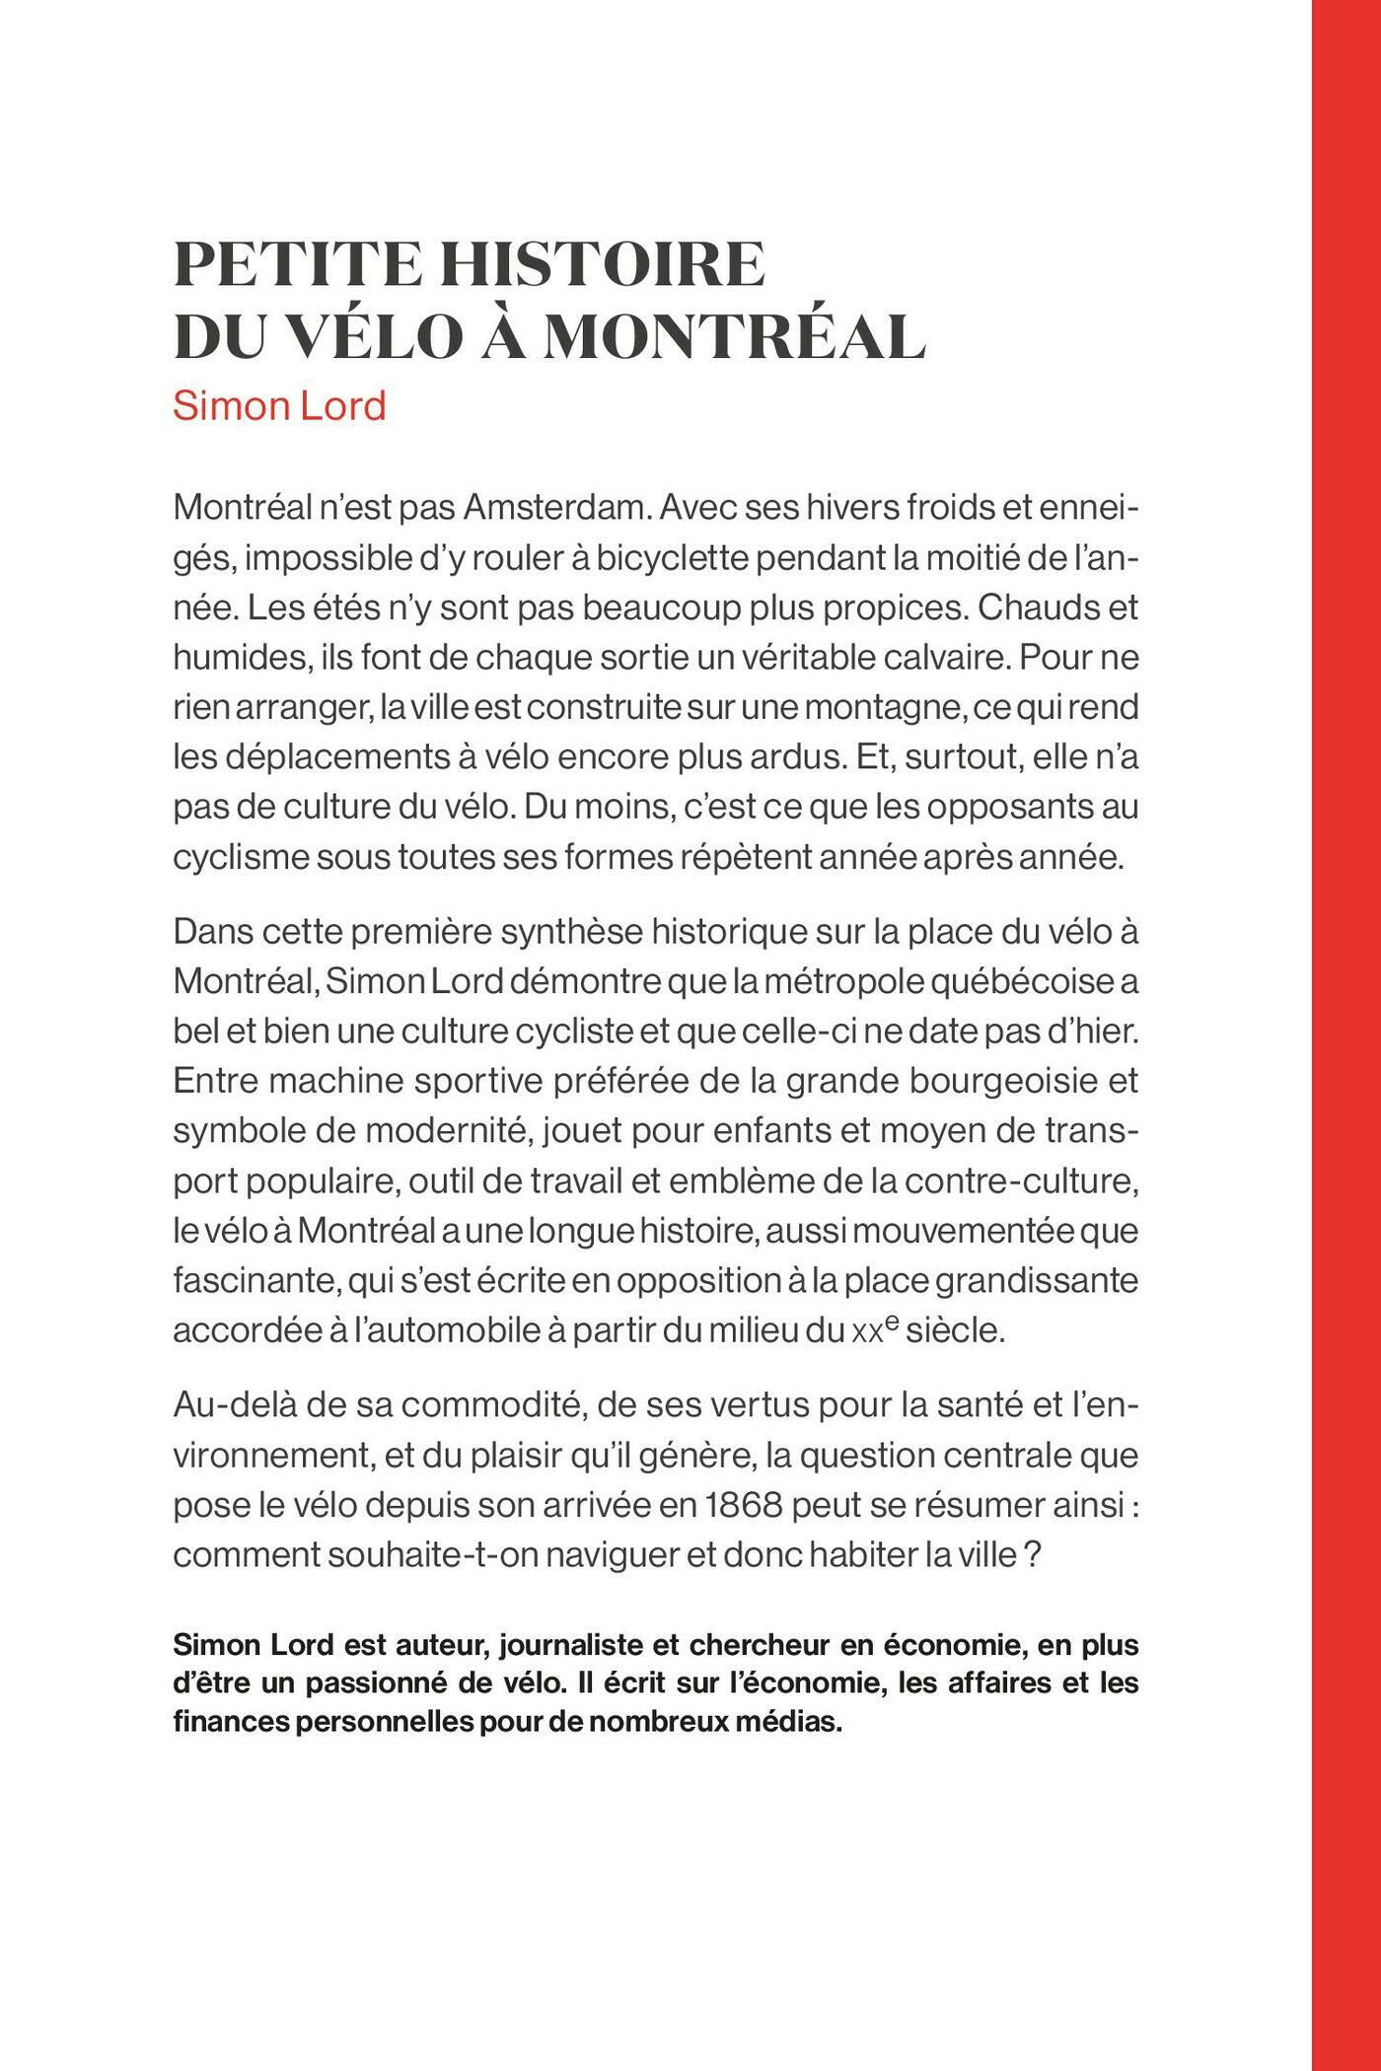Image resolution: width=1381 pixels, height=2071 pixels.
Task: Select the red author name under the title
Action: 279,405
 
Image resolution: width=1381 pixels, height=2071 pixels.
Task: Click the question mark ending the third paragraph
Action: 1033,1555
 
